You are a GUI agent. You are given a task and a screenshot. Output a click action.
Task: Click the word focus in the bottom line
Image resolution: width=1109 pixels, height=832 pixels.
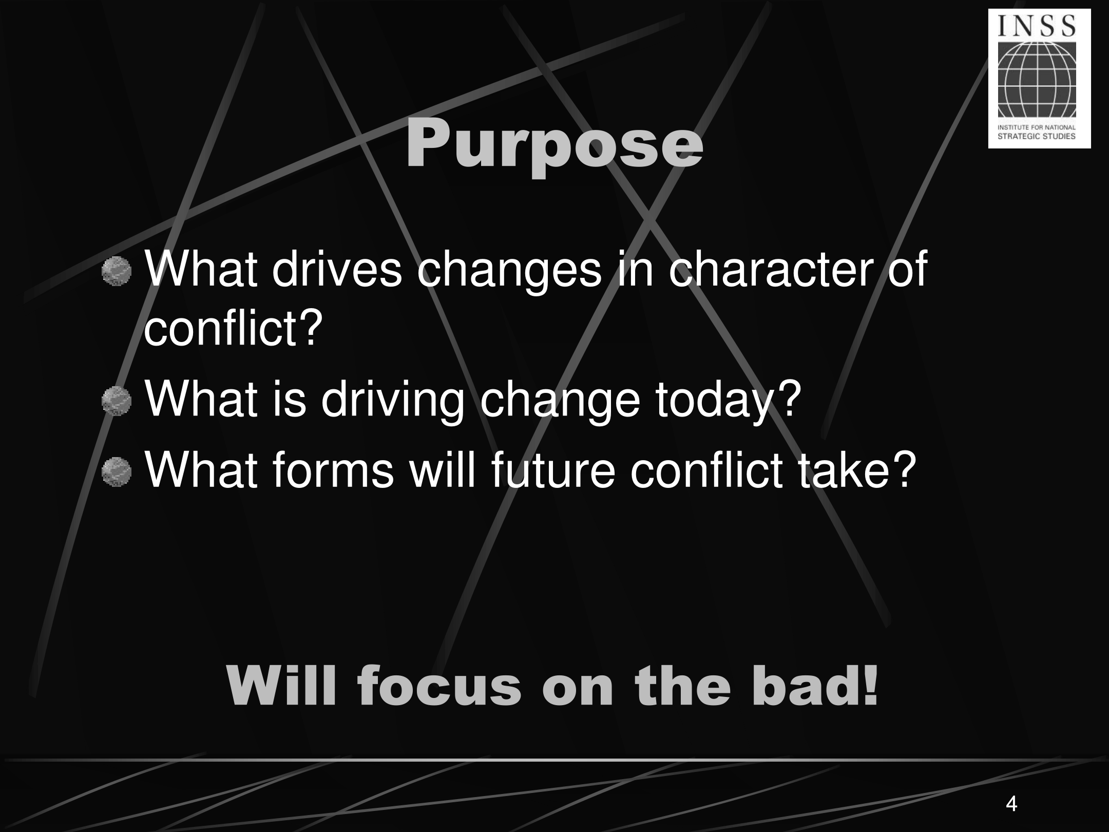439,687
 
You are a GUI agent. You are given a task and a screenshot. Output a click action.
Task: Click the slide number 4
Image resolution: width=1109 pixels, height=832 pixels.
1011,803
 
